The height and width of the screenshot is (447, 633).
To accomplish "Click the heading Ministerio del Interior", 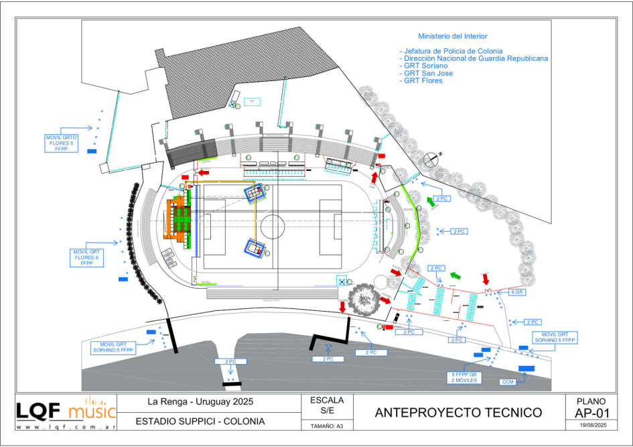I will (453, 36).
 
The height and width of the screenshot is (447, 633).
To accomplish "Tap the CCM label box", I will (508, 381).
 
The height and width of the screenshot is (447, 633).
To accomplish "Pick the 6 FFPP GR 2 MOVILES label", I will (463, 377).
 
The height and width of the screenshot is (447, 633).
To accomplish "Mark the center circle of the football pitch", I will (273, 226).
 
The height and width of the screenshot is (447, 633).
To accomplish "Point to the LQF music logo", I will (66, 408).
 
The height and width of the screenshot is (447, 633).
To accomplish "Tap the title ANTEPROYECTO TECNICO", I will (459, 412).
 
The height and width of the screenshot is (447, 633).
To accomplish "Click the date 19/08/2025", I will (586, 426).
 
